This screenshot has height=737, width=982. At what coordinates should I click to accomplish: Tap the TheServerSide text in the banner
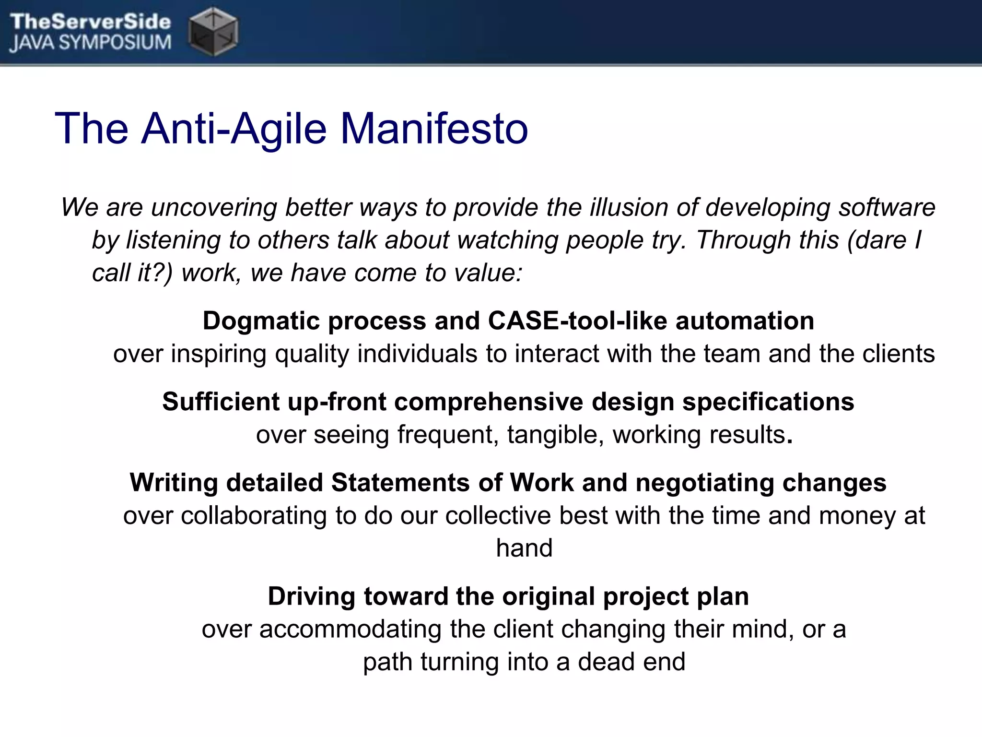coord(90,21)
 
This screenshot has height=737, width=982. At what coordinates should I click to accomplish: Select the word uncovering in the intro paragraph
coord(214,207)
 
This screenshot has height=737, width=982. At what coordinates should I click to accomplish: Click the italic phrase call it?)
coord(132,273)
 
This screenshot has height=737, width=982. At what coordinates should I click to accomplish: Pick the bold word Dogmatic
coord(261,321)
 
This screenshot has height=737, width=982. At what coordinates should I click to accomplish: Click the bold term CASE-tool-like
coord(577,321)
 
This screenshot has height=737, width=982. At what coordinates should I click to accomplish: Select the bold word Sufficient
coord(221,401)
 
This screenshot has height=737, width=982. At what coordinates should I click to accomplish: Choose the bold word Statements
coord(400,483)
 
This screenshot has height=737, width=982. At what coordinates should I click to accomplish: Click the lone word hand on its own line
coord(524,548)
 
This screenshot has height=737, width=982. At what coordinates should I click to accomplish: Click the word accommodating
coord(350,629)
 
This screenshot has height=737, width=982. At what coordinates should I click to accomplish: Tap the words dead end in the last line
coord(631,662)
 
